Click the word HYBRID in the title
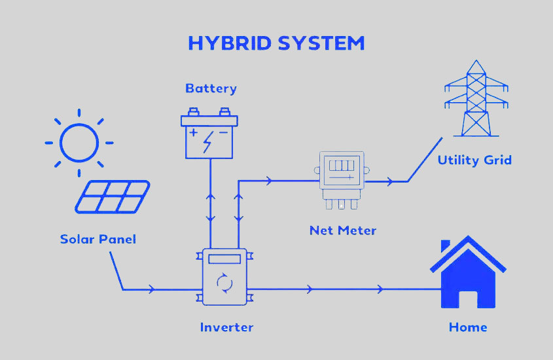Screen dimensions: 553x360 pos(230,43)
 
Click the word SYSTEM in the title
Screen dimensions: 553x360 pos(321,43)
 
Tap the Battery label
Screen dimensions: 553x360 pos(211,88)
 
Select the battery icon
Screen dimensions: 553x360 pos(209,134)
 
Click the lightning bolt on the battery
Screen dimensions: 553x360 pos(208,142)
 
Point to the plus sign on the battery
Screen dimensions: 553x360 pos(193,133)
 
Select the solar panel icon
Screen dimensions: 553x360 pos(113,197)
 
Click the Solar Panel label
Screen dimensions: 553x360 pos(98,239)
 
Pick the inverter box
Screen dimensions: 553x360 pos(224,277)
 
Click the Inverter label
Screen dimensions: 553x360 pos(226,327)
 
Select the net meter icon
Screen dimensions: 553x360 pos(342,180)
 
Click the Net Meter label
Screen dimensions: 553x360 pos(343,230)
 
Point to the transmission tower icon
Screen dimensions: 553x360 pos(476,98)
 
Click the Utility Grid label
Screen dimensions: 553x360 pos(474,160)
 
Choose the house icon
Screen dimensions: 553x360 pos(468,272)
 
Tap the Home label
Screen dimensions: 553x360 pos(468,327)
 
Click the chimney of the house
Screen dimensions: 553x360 pos(446,245)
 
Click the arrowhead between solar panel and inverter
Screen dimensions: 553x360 pos(152,289)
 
